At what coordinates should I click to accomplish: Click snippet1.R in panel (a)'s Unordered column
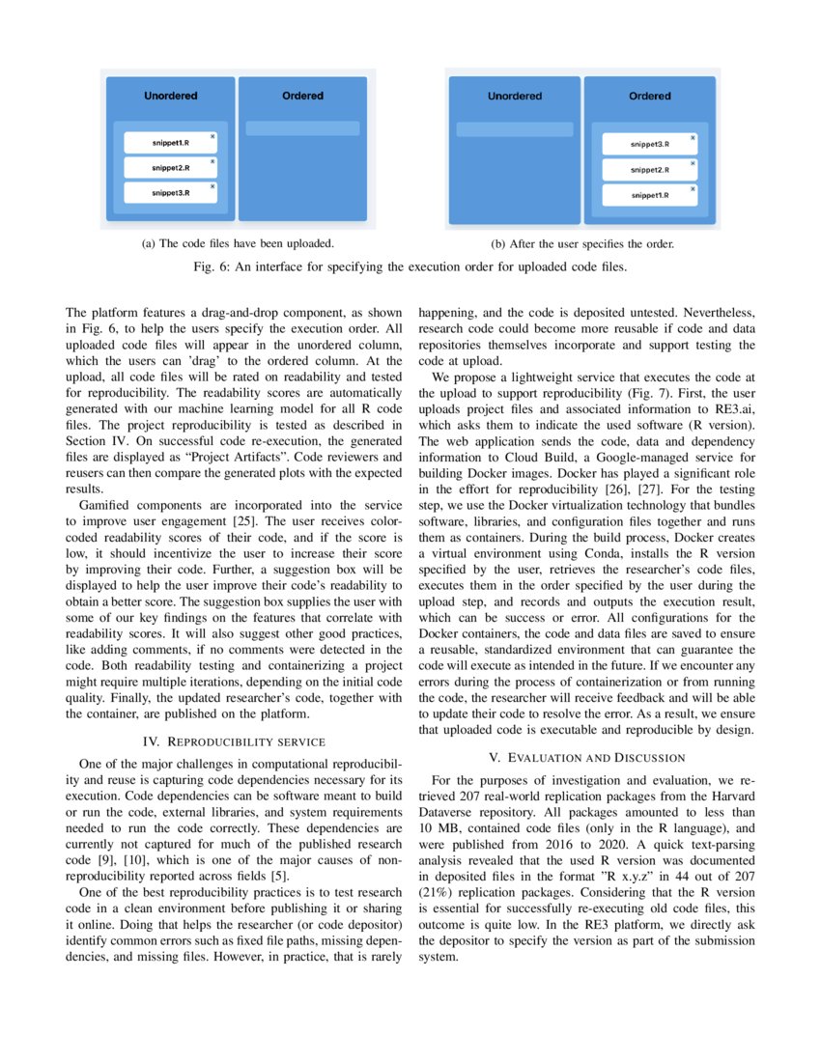[x=170, y=143]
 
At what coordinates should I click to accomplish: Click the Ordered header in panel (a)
[x=302, y=97]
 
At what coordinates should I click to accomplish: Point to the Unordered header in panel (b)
[x=514, y=97]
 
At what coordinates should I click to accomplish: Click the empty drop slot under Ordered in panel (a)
[x=302, y=128]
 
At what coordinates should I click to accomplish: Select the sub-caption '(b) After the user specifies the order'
[x=582, y=244]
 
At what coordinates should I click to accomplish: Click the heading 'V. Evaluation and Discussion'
[x=586, y=757]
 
